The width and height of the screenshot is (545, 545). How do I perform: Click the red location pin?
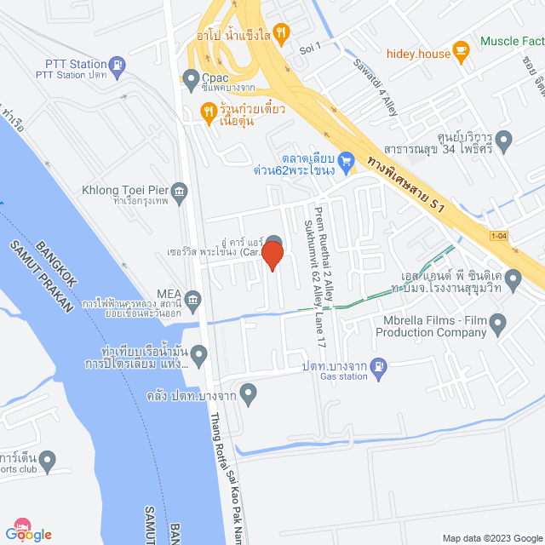point(272,255)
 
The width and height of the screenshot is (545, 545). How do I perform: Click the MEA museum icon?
point(193,299)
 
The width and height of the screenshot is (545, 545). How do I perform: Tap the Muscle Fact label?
point(512,40)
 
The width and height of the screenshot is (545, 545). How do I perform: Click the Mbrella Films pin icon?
point(498,323)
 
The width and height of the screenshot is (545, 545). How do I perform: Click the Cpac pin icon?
point(190,82)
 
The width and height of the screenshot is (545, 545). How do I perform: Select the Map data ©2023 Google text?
point(490,537)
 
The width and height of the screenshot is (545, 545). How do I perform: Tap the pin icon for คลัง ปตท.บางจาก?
point(248,393)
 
